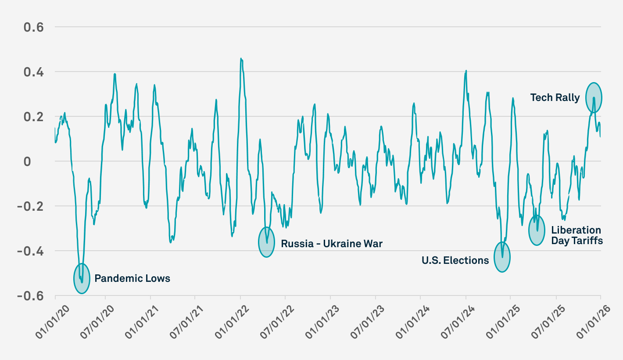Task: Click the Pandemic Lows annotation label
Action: (x=132, y=278)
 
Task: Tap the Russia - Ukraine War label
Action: (x=332, y=243)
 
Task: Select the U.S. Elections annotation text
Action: (x=455, y=260)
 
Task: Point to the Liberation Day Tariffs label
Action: (x=576, y=235)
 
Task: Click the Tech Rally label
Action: (x=555, y=97)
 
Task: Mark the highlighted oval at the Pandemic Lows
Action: (x=81, y=278)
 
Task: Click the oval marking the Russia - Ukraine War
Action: (x=266, y=242)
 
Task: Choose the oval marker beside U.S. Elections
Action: (x=502, y=257)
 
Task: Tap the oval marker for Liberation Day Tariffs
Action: (x=537, y=230)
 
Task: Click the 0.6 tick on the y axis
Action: (x=34, y=27)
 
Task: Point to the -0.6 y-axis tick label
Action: (x=31, y=296)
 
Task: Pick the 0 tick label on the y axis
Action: (x=40, y=162)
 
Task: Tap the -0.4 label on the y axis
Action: (x=31, y=251)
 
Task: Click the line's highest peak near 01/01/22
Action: (x=241, y=58)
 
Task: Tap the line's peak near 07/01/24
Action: (x=466, y=70)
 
